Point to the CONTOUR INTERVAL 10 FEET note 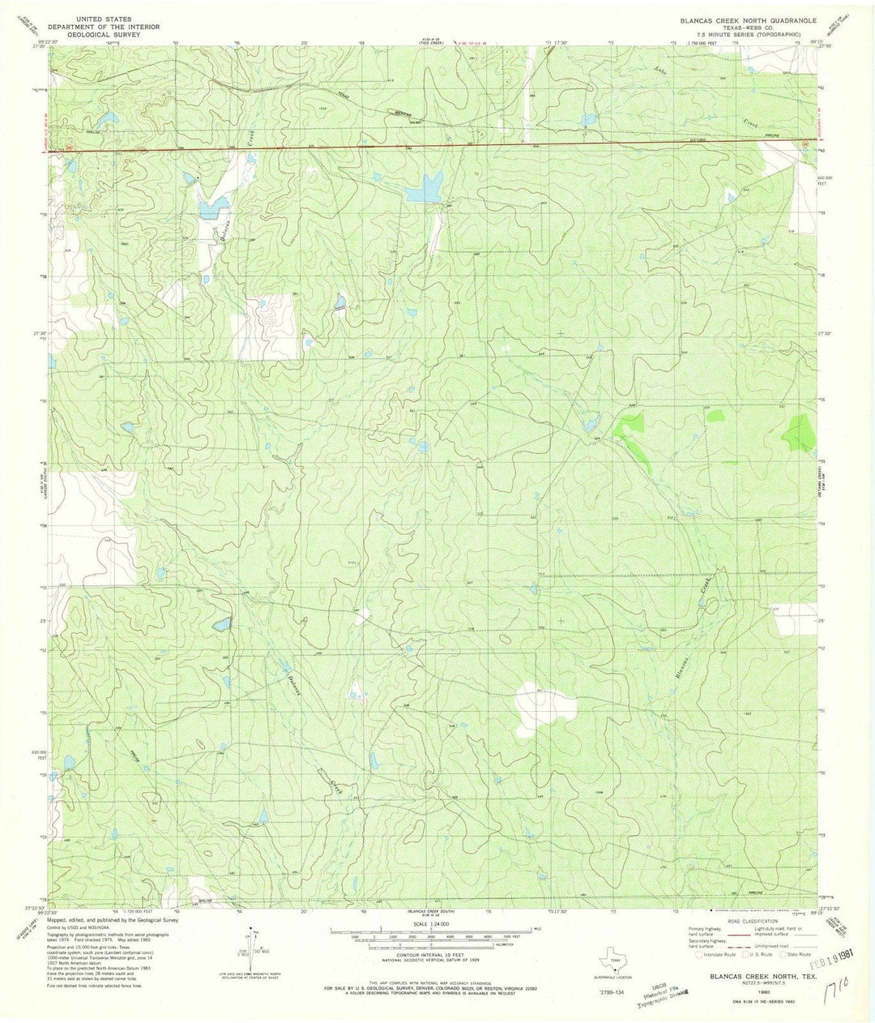437,944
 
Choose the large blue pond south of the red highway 423,191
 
